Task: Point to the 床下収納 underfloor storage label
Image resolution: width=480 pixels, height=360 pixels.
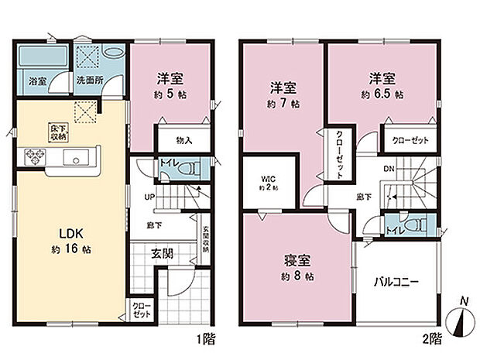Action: click(x=58, y=132)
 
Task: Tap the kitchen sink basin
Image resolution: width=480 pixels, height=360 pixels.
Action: click(x=77, y=161)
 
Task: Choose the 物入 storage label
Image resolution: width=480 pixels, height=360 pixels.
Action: click(x=183, y=140)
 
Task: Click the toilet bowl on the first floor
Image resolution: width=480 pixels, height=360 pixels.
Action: click(x=188, y=168)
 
